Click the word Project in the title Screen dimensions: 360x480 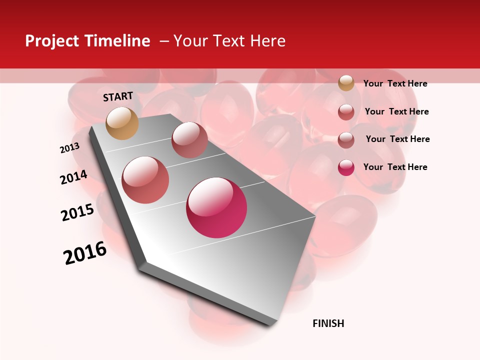coord(52,41)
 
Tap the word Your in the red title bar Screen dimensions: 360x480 coord(190,41)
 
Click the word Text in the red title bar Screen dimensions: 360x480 coord(228,41)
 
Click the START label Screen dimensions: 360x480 coord(118,96)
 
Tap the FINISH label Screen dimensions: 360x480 coord(328,323)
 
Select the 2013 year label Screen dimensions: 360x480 coord(69,148)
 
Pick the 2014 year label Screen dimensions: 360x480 coord(73,177)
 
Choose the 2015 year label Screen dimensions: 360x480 coord(77,212)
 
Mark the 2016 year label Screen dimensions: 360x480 coord(85,252)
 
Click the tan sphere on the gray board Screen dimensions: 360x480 coord(122,123)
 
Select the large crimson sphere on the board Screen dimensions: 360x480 coord(216,207)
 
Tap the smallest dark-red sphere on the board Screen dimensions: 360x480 coord(189,139)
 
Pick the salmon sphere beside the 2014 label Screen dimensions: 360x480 coord(145,179)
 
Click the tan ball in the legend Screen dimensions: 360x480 coord(346,83)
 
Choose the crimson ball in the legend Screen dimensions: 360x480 coord(346,167)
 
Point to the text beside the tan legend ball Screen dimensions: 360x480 coord(395,83)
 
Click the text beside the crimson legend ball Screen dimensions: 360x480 coord(395,167)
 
